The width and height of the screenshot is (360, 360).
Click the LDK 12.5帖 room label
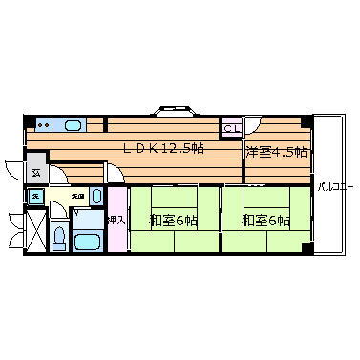[163, 147]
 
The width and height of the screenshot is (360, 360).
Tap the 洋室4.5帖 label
[277, 152]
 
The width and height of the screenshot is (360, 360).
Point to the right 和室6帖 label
[265, 221]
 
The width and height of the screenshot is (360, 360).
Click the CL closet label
[231, 128]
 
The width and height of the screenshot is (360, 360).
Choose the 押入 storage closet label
[116, 220]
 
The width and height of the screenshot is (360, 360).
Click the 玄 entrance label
[35, 173]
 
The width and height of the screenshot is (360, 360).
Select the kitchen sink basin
[71, 124]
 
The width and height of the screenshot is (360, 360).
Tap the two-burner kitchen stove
[43, 124]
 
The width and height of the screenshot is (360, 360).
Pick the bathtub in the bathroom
[88, 241]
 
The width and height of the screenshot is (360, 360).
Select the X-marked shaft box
[35, 228]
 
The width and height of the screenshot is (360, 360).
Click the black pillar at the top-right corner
[306, 121]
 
